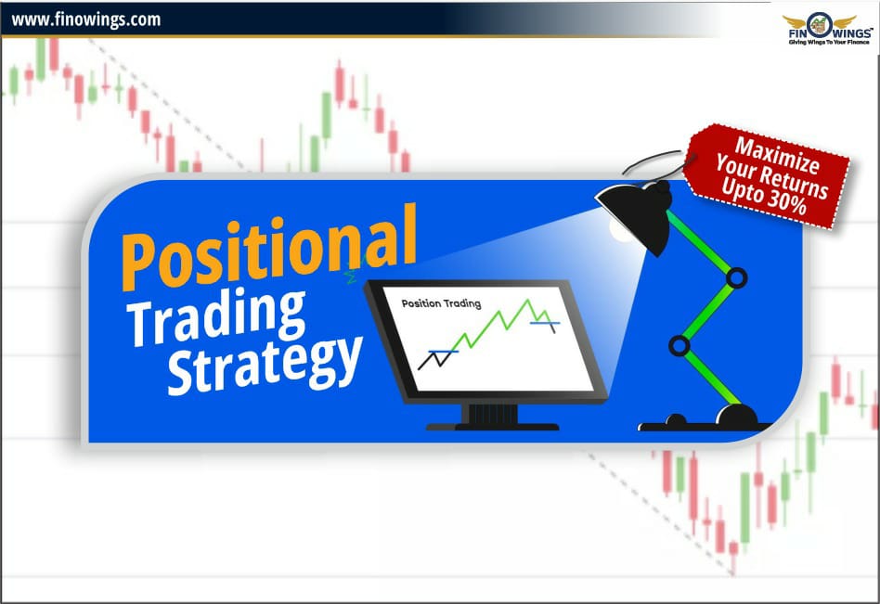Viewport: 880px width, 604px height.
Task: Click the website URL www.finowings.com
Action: (x=85, y=19)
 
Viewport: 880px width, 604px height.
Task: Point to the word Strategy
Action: (x=265, y=361)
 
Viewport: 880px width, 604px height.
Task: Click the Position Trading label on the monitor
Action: (x=440, y=303)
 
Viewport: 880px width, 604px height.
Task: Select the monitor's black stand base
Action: (x=492, y=425)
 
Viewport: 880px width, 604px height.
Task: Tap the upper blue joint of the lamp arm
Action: (x=737, y=276)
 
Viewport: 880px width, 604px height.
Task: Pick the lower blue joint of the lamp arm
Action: (x=679, y=346)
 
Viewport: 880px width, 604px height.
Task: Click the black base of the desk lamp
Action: (x=705, y=421)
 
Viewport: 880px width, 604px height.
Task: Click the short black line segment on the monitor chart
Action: (x=430, y=358)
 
